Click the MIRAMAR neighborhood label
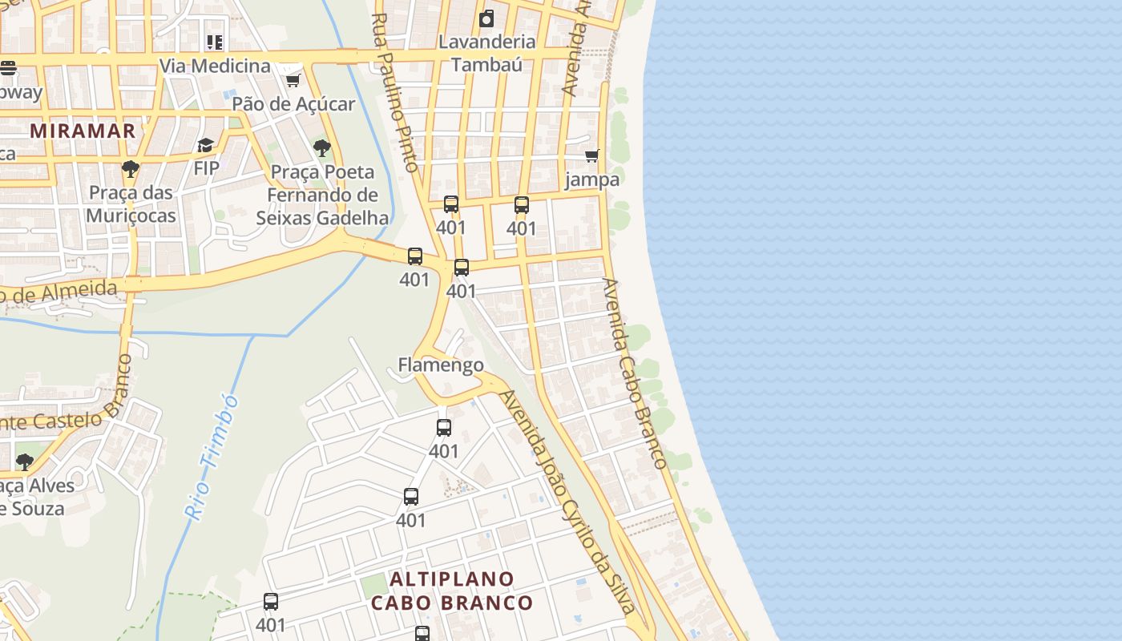(83, 131)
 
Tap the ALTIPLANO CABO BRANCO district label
(452, 591)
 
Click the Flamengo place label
(441, 365)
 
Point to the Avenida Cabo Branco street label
(634, 373)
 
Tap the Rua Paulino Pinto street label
(396, 92)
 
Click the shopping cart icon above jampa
(591, 155)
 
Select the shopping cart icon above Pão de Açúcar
(293, 80)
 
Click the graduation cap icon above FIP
(206, 145)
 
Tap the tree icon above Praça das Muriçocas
(130, 169)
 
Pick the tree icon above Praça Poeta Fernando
(322, 147)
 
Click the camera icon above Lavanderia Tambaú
(486, 18)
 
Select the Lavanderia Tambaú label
(486, 53)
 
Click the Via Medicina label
(215, 66)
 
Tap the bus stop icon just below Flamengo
(444, 428)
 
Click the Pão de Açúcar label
(293, 104)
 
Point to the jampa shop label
(592, 179)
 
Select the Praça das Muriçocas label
(131, 204)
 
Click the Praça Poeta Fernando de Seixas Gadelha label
(322, 195)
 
